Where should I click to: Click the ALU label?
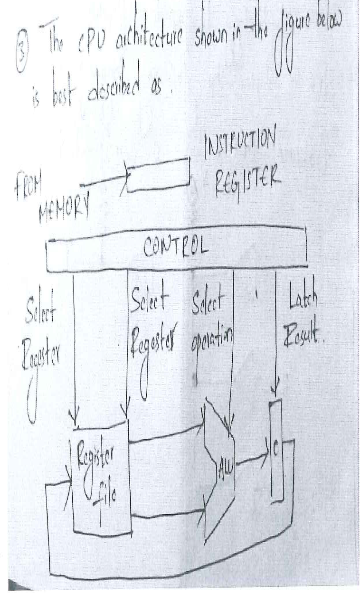point(222,463)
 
